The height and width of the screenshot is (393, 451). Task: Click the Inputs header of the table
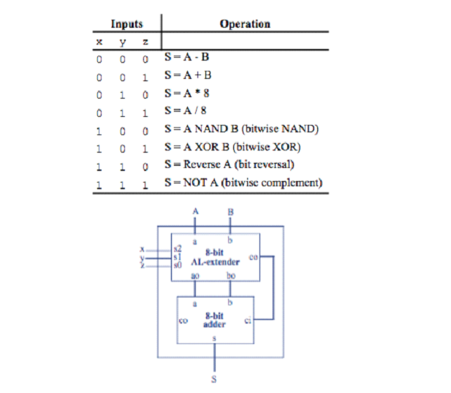(x=127, y=24)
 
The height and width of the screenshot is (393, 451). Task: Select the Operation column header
(x=244, y=24)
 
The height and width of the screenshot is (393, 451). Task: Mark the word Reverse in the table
(x=198, y=164)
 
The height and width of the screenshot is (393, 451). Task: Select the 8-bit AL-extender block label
(x=213, y=258)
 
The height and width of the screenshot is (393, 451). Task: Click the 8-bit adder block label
(x=213, y=321)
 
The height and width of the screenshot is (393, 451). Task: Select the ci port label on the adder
(x=248, y=320)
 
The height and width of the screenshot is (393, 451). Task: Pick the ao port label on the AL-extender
(x=195, y=275)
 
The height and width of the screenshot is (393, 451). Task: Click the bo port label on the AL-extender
(x=231, y=275)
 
